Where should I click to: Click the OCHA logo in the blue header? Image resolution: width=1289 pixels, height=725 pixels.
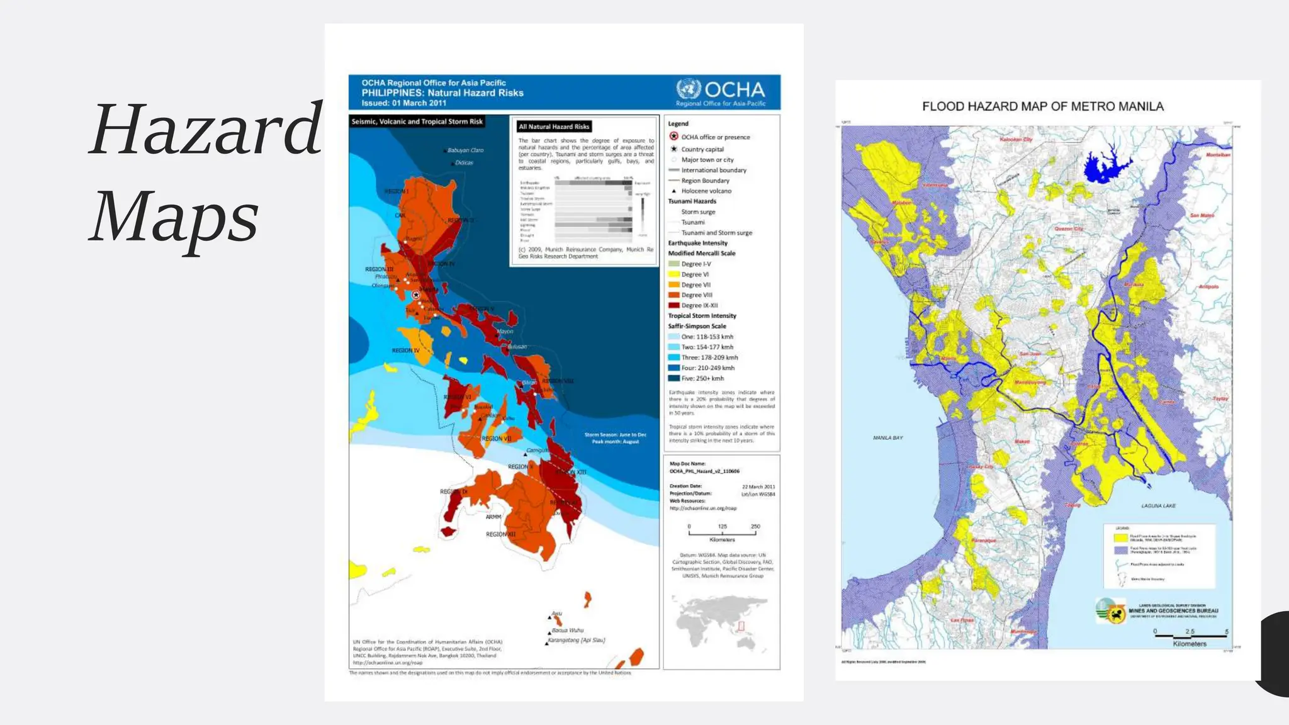[721, 91]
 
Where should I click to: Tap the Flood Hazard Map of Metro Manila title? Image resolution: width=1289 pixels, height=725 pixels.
[1042, 106]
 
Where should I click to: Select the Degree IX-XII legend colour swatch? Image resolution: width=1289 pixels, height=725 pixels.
[673, 305]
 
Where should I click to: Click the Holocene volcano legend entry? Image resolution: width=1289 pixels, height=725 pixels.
[706, 191]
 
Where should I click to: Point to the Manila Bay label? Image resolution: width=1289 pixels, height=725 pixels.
[887, 437]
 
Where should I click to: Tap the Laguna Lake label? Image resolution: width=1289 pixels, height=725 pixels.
[1158, 505]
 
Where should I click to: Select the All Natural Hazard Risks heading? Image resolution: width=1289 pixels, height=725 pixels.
[553, 126]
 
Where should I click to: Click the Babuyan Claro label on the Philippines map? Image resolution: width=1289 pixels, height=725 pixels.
[465, 150]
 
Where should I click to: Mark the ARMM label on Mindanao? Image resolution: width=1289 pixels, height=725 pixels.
[493, 517]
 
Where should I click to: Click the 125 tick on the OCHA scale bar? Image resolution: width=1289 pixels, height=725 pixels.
[722, 526]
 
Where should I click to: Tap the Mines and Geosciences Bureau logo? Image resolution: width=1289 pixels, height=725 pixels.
[1111, 611]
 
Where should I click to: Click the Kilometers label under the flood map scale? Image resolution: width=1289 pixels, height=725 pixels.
[1190, 644]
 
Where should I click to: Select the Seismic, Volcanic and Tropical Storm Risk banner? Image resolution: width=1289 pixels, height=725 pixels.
[417, 121]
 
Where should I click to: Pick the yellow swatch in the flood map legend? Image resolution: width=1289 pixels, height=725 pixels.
[1120, 538]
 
